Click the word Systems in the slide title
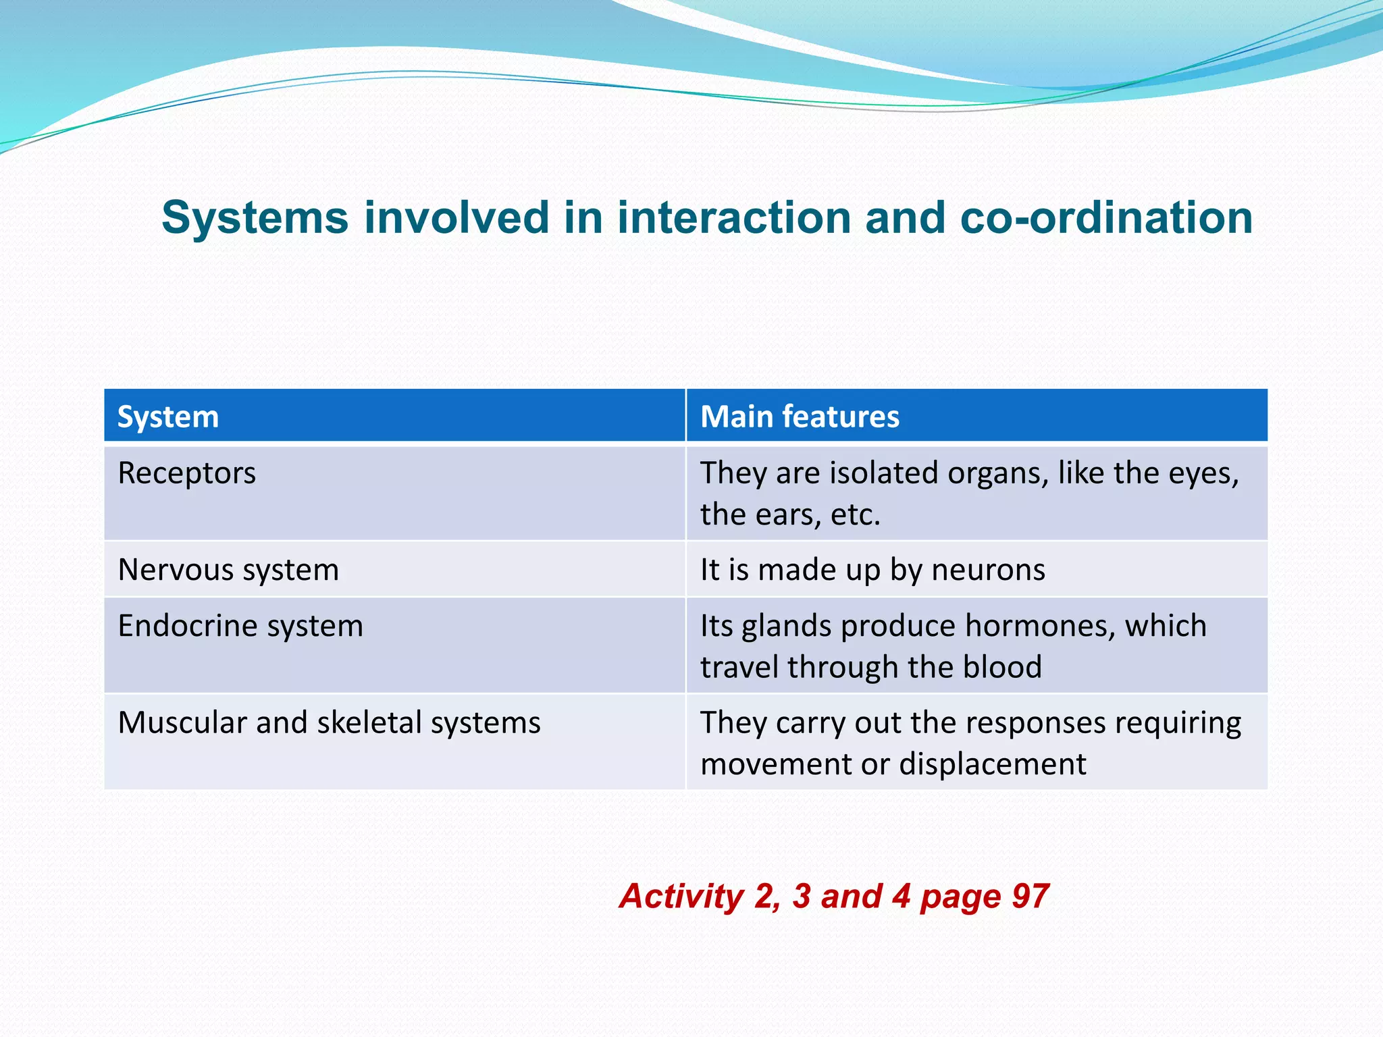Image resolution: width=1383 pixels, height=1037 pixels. (x=255, y=218)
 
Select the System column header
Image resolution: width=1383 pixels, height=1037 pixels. (x=168, y=417)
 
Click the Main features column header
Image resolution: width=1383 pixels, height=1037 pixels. (x=800, y=417)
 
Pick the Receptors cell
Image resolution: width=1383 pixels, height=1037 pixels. (x=187, y=473)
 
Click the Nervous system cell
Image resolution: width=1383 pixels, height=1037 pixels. (x=228, y=570)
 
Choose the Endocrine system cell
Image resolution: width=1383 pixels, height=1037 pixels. (x=240, y=626)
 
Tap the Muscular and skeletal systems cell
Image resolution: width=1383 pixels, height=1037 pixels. (x=329, y=722)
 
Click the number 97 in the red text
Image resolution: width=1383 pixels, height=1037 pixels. (x=1030, y=897)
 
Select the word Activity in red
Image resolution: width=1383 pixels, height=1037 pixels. (x=681, y=897)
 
